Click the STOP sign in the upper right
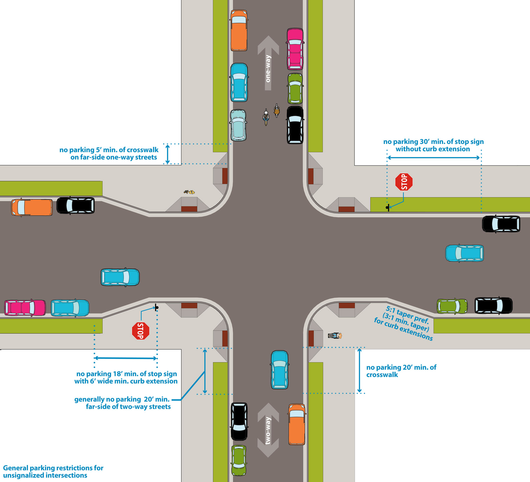(404, 182)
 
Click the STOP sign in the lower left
(140, 331)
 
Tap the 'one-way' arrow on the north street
(268, 62)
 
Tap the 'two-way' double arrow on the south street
(268, 430)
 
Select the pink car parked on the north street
(295, 49)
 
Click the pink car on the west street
(25, 308)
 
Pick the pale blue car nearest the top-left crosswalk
(238, 125)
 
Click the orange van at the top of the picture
(239, 30)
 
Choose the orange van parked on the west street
(32, 207)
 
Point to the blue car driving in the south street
(279, 370)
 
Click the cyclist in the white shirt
(266, 117)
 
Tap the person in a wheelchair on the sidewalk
(335, 335)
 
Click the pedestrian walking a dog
(189, 192)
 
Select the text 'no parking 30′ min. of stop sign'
(433, 142)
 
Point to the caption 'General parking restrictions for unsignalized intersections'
(53, 471)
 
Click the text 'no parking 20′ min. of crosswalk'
(401, 371)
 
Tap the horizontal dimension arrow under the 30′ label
(433, 158)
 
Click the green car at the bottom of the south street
(238, 460)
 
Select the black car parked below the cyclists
(295, 125)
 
